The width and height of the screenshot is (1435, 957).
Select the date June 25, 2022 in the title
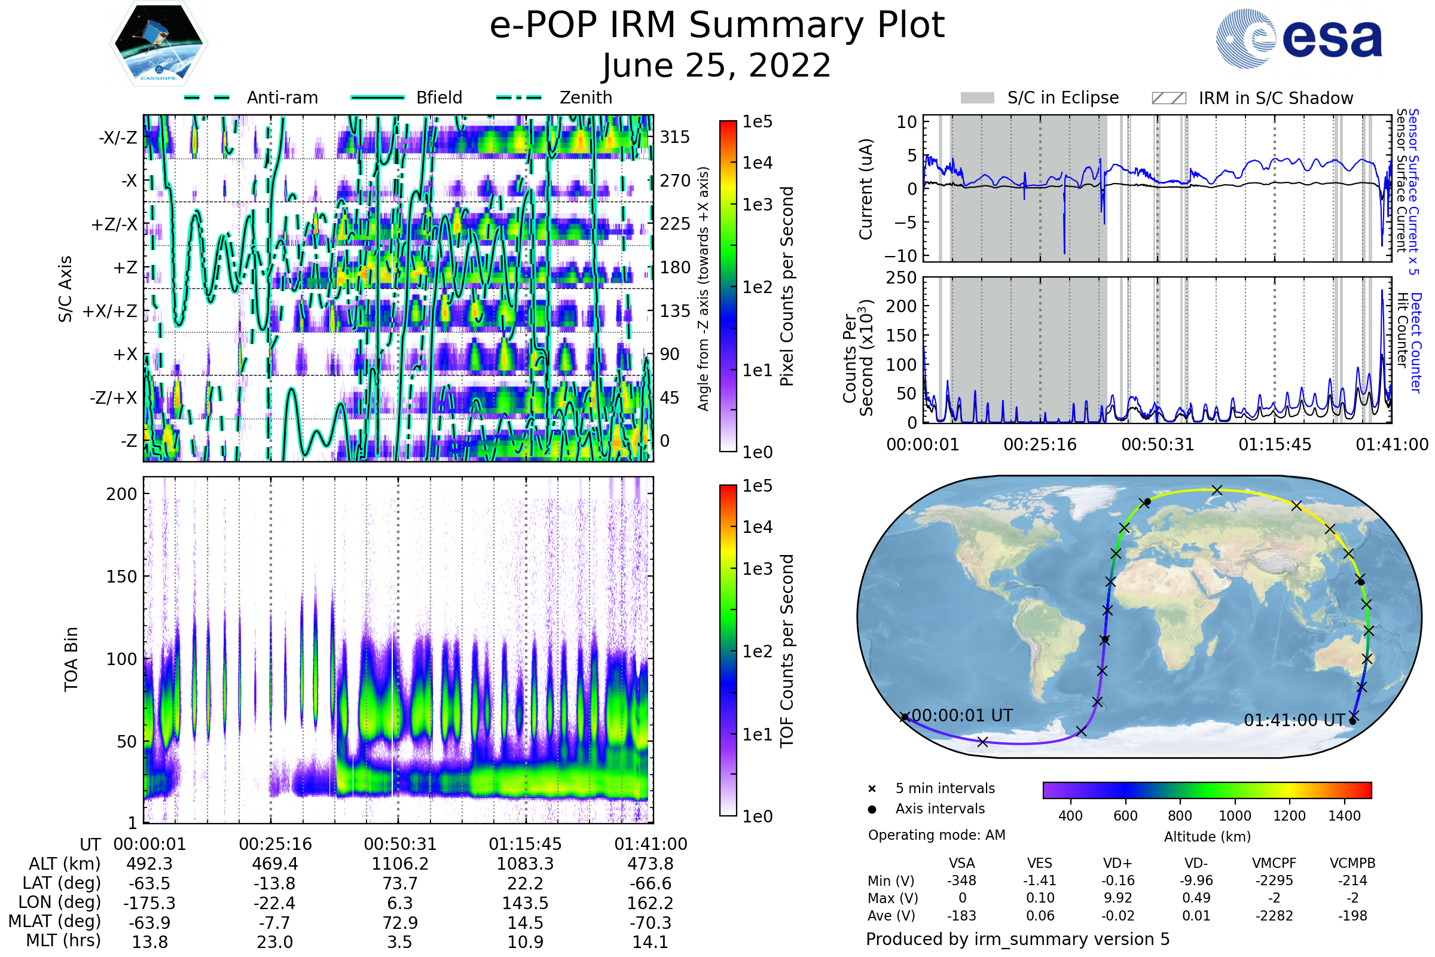click(x=716, y=66)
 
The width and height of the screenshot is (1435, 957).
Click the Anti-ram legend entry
click(x=282, y=97)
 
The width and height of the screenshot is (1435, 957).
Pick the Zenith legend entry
click(x=585, y=97)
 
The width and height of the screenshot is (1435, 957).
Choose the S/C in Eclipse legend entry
click(x=1062, y=97)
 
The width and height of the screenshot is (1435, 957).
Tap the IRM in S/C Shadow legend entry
click(x=1275, y=98)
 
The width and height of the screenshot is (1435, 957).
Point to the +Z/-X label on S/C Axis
click(x=114, y=225)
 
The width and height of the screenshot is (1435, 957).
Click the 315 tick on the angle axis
click(x=675, y=137)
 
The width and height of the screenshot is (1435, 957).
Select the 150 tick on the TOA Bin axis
click(x=121, y=577)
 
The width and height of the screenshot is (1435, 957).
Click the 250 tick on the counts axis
click(x=901, y=278)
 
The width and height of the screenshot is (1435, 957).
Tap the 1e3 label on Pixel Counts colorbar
click(x=757, y=205)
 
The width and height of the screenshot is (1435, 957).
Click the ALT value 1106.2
click(x=400, y=864)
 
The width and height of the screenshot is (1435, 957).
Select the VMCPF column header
click(x=1274, y=864)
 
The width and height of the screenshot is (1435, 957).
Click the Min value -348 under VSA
click(x=961, y=880)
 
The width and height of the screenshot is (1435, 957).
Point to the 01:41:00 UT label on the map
click(x=1294, y=721)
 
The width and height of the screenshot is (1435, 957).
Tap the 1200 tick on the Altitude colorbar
click(x=1289, y=816)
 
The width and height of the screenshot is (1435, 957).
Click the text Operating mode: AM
click(x=936, y=835)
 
